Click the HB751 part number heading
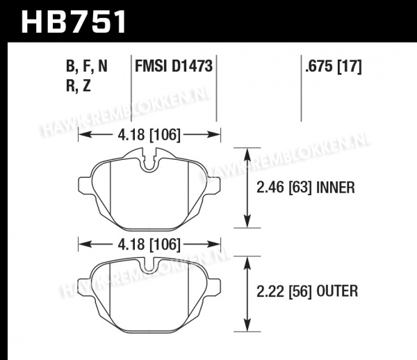(x=74, y=22)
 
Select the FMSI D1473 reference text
(x=174, y=66)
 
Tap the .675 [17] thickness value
(x=334, y=66)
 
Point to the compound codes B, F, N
(x=87, y=67)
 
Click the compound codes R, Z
(x=79, y=86)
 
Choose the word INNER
(x=336, y=187)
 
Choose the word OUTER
(x=337, y=291)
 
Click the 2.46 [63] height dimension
(x=284, y=187)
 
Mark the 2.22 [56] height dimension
(x=284, y=291)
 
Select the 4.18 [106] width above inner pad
(x=149, y=135)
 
